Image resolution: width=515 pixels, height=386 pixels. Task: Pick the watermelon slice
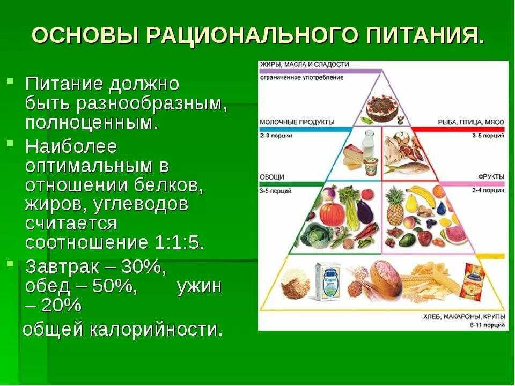click(455, 234)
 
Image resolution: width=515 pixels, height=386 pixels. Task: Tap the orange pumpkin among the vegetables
click(333, 213)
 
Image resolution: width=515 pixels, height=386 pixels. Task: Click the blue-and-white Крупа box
click(328, 280)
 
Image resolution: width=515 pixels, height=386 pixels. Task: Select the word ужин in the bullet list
click(199, 286)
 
